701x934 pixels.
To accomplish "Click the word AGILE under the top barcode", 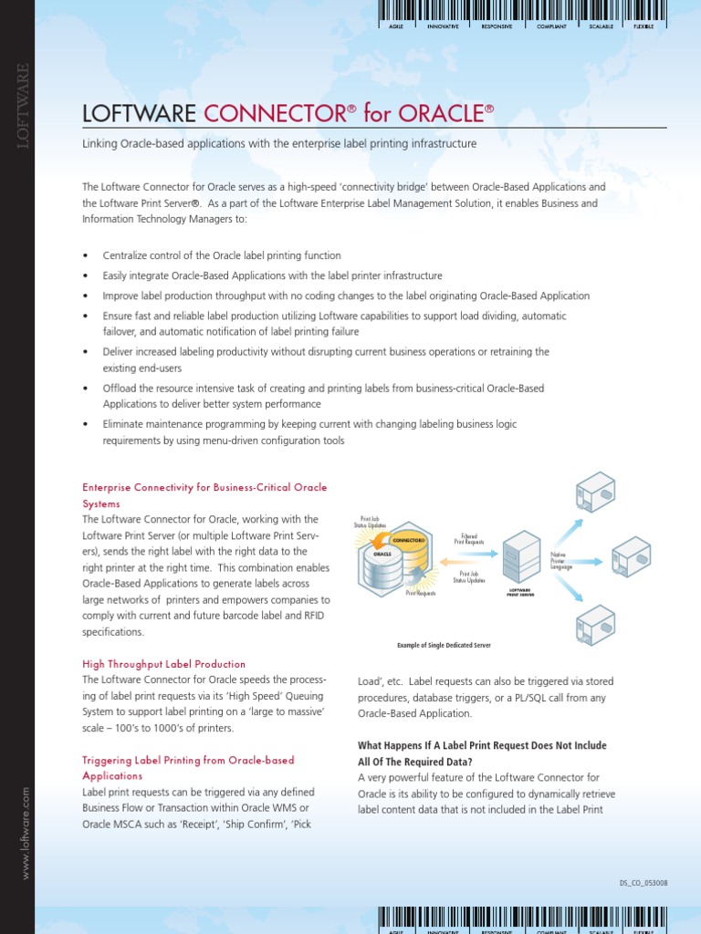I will (x=396, y=26).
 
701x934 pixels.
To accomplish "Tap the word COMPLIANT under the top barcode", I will (x=551, y=26).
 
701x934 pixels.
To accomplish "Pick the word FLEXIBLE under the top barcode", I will (x=643, y=26).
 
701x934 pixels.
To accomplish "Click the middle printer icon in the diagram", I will (x=630, y=555).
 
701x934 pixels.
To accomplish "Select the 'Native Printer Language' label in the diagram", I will (x=561, y=560).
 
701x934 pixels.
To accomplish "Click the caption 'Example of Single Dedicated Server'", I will (x=444, y=645).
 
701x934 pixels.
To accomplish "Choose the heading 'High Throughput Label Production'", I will (x=163, y=664).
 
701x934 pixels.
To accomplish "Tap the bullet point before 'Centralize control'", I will (x=86, y=256).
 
